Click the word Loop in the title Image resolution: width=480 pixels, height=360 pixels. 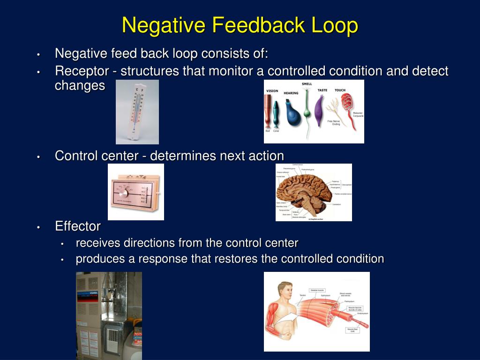335,25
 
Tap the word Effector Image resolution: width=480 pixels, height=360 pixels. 78,226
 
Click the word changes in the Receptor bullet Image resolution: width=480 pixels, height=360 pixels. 80,86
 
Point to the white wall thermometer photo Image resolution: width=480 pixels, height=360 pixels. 137,112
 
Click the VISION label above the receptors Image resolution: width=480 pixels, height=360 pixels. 272,91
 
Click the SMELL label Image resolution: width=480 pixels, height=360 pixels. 307,84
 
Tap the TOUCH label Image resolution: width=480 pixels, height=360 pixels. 340,90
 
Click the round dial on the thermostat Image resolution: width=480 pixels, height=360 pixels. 123,193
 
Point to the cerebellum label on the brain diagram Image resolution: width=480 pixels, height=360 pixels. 337,205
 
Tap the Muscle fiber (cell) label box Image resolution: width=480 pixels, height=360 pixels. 353,330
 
